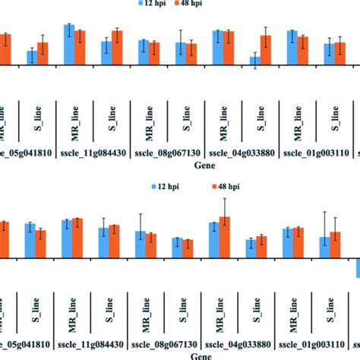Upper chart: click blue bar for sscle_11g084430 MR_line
[69, 45]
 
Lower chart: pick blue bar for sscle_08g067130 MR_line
[141, 245]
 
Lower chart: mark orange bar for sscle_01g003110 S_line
[335, 245]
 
